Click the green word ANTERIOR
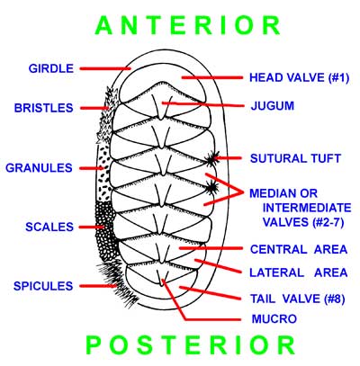188,25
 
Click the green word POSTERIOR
191,345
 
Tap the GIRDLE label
51,68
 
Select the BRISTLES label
44,108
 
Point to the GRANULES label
39,168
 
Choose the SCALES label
49,227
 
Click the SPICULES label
43,286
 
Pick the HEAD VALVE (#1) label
300,78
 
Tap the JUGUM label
273,106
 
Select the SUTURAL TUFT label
296,158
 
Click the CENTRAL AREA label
299,249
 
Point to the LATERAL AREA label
299,272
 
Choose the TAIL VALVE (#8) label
298,299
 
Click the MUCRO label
274,318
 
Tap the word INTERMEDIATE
307,208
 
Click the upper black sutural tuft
212,159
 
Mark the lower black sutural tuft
212,188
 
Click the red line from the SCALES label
93,228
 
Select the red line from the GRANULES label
92,168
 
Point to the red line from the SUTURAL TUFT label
229,158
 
